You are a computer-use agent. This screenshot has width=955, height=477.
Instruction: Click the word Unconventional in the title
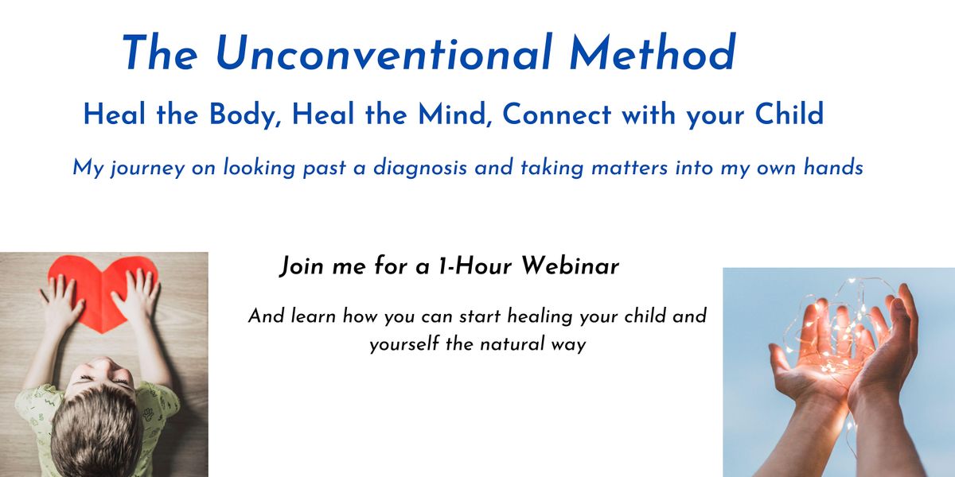[384, 52]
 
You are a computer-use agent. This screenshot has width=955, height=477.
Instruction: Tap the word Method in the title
[653, 52]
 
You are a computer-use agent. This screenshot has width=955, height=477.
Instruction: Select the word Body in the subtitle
[245, 115]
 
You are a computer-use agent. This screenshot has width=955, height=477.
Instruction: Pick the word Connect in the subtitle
[557, 114]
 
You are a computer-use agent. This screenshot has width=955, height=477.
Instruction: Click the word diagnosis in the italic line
[420, 168]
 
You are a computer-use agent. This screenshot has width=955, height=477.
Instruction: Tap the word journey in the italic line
[147, 168]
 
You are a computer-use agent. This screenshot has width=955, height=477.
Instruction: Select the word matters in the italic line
[630, 167]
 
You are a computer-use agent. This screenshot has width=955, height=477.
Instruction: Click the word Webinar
[571, 266]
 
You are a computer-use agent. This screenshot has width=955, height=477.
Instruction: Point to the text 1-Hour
[475, 266]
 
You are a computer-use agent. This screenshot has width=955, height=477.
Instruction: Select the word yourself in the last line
[404, 344]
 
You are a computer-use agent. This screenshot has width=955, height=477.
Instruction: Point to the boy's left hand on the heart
[136, 298]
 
